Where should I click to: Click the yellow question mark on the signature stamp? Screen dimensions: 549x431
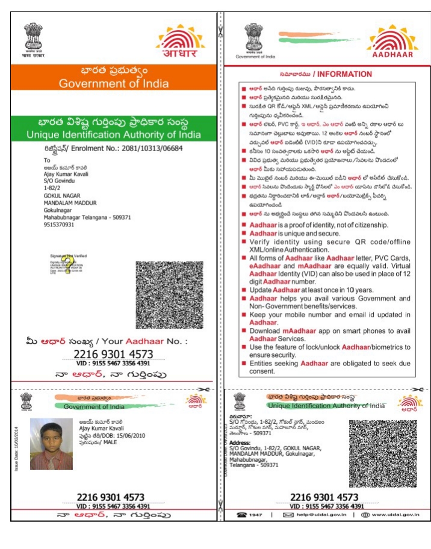[x=67, y=264]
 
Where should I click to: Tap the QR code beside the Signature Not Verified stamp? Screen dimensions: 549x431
[x=169, y=295]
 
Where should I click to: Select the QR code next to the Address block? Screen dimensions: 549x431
[x=383, y=453]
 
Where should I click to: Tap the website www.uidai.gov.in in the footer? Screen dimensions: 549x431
[x=395, y=515]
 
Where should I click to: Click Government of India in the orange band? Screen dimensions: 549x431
[x=114, y=84]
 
